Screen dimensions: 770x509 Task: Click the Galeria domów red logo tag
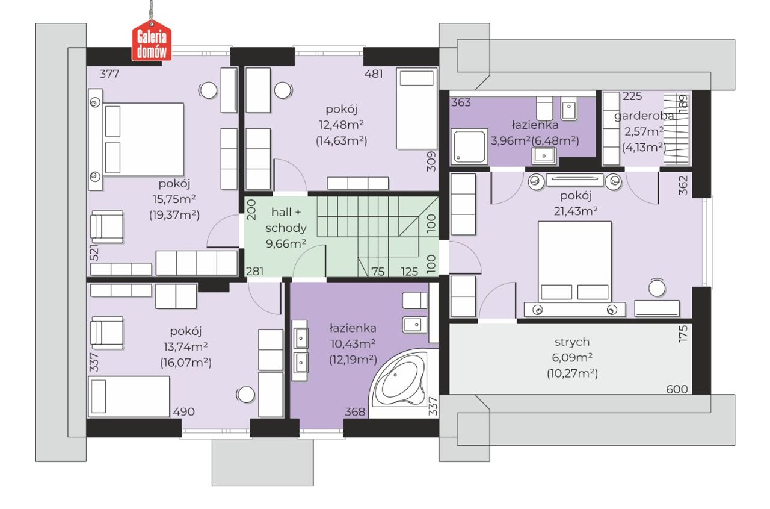tap(152, 40)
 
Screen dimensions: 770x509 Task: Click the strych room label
tap(572, 342)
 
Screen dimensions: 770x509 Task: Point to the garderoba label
tap(644, 116)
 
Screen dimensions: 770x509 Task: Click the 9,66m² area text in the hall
tap(286, 244)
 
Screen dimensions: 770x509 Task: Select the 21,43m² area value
tap(576, 211)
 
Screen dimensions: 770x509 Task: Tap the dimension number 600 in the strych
tap(677, 389)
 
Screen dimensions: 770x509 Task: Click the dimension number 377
tap(109, 74)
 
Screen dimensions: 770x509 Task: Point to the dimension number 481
tap(374, 74)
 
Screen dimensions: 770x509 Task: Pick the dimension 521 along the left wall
tap(93, 252)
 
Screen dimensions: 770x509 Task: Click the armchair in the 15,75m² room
tap(107, 227)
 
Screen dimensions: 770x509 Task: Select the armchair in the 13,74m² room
tap(107, 333)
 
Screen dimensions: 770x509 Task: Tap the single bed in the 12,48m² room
tap(417, 108)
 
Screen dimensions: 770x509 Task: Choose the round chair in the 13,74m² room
tap(246, 395)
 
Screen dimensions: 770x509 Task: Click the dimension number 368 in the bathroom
tap(355, 411)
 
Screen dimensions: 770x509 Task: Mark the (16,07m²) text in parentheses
tap(186, 363)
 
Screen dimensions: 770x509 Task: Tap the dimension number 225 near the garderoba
tap(632, 96)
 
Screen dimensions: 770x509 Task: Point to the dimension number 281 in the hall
tap(254, 272)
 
